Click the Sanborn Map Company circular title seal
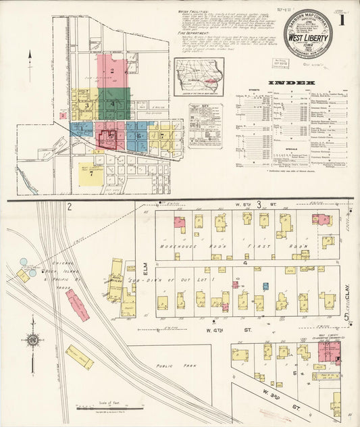[x=303, y=34]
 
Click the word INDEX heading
[x=291, y=83]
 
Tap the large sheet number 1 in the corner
[x=342, y=20]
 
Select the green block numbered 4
[x=114, y=104]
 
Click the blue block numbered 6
[x=138, y=136]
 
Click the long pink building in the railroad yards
[x=77, y=305]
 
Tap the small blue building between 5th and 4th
[x=265, y=286]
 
